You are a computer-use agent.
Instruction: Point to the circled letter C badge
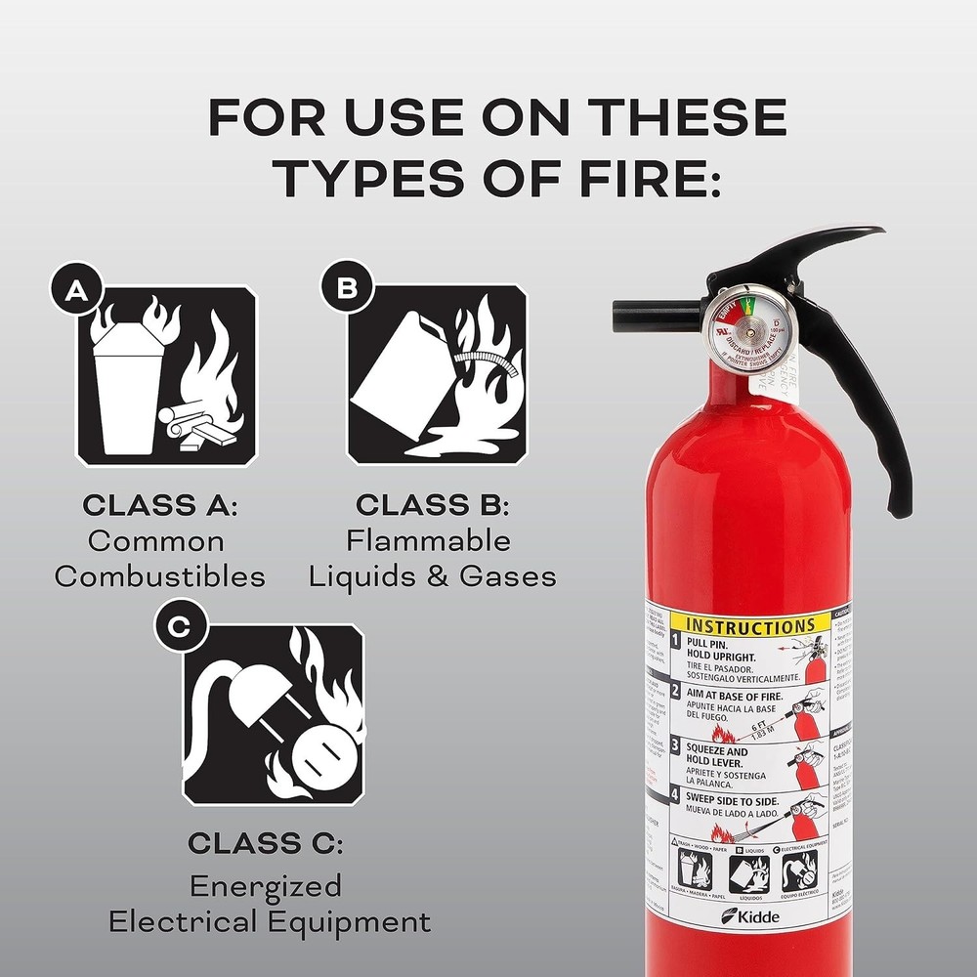click(179, 629)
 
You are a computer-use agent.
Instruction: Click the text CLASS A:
click(160, 506)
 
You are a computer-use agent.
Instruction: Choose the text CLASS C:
click(266, 842)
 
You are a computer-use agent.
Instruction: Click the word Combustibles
click(160, 576)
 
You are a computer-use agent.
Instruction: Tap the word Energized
click(266, 886)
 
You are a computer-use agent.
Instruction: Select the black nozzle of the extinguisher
click(645, 315)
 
